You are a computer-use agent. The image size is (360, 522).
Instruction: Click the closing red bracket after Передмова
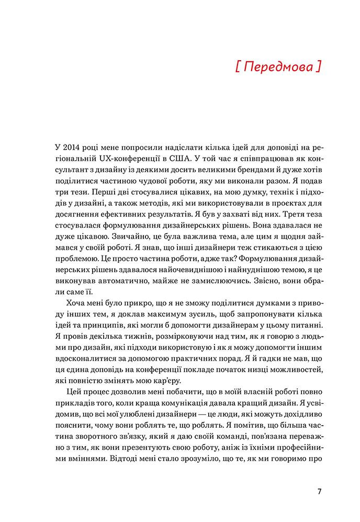tap(319, 68)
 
